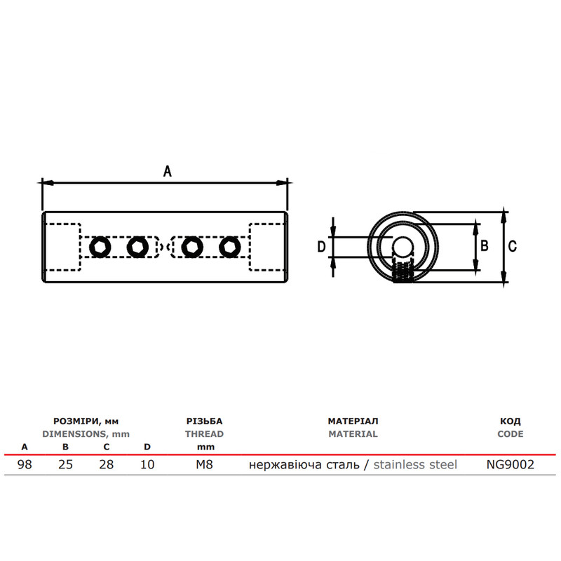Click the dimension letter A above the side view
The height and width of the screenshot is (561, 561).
(168, 171)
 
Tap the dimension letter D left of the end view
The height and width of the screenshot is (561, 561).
(321, 247)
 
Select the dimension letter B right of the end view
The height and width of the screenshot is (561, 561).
(484, 246)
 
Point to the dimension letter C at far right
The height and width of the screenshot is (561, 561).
(513, 246)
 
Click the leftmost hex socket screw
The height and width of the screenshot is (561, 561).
(100, 247)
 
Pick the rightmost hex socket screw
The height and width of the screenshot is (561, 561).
(230, 247)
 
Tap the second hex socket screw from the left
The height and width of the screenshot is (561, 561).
(137, 247)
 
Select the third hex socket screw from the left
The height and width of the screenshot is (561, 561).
(192, 247)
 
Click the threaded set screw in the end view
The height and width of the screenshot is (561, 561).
(403, 271)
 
